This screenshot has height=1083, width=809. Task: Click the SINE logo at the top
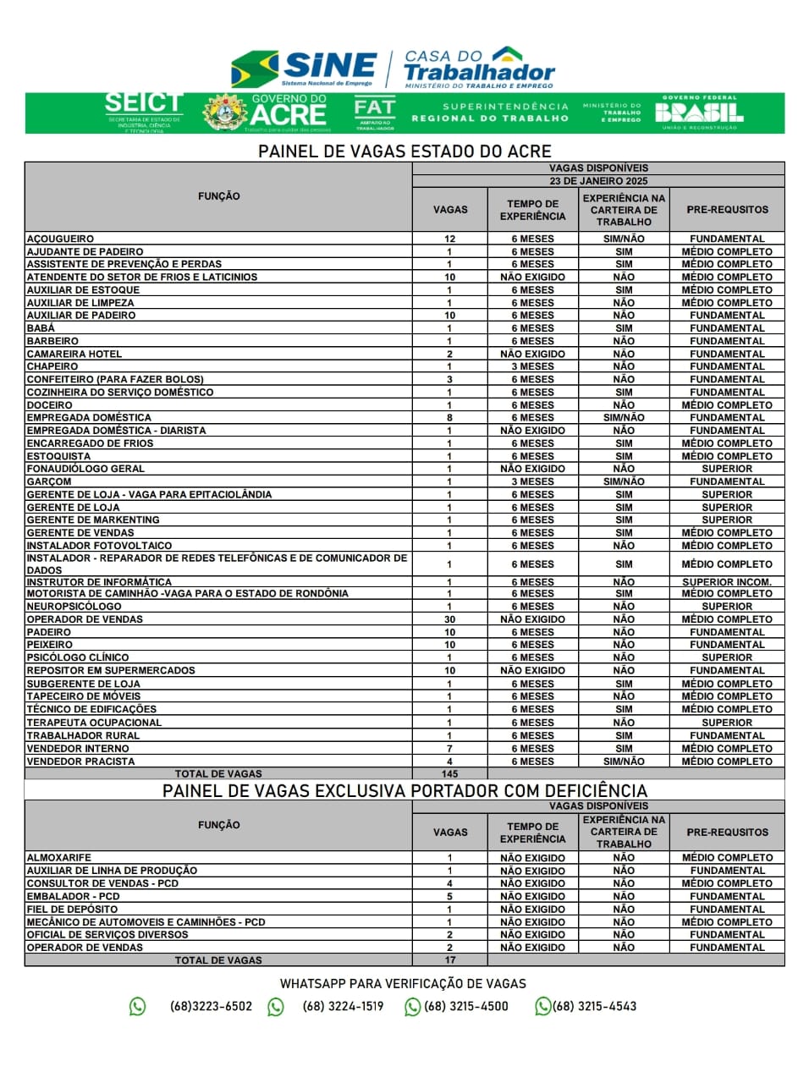[x=305, y=68]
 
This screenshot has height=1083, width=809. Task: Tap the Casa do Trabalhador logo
[x=479, y=68]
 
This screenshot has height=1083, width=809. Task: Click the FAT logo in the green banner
[x=375, y=113]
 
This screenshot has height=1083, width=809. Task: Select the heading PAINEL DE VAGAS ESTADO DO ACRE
[x=404, y=151]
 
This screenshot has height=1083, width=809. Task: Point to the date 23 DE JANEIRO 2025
[x=598, y=181]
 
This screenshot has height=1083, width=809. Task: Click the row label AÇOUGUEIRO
[x=60, y=239]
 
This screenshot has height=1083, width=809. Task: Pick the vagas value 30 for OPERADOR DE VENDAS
[x=450, y=619]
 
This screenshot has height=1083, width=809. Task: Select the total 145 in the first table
[x=450, y=774]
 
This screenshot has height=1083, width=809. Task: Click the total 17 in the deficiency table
[x=450, y=960]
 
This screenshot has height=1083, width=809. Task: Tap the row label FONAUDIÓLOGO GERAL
[x=85, y=469]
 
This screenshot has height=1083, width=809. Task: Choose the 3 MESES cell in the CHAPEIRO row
[x=532, y=366]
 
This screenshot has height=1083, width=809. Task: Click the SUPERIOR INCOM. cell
[x=727, y=582]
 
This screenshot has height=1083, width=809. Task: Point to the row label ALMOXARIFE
[x=59, y=858]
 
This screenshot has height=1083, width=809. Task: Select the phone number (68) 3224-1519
[x=343, y=1007]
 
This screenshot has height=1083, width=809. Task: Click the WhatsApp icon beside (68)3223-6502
[x=137, y=1007]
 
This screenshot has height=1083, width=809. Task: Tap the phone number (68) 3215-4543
[x=594, y=1007]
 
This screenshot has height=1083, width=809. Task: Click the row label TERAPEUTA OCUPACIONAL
[x=94, y=723]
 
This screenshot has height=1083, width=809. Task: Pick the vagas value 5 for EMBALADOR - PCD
[x=450, y=896]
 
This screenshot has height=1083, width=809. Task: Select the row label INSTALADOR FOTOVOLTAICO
[x=99, y=546]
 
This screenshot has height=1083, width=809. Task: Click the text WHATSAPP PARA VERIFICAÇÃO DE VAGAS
[x=403, y=984]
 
